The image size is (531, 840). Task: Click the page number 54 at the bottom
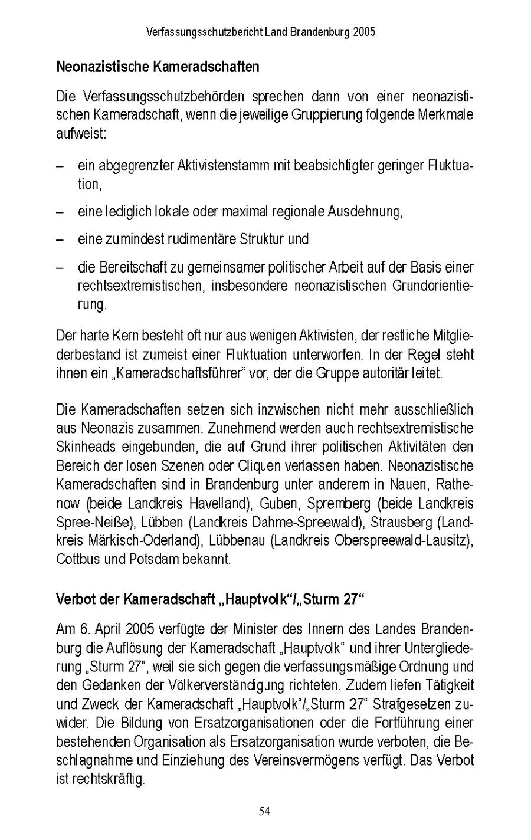coord(264,812)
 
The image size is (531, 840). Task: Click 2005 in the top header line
coord(365,32)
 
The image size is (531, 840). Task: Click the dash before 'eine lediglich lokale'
coord(60,212)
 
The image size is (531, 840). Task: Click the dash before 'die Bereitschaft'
coord(60,267)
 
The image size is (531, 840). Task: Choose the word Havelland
coord(220,504)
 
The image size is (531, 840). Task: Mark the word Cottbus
coord(77,559)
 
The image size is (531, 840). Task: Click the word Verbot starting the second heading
coord(73,599)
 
